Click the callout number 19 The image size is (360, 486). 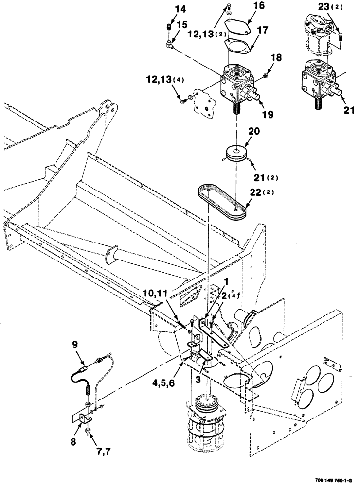[x=267, y=116]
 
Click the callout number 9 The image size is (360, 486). [x=75, y=345]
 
